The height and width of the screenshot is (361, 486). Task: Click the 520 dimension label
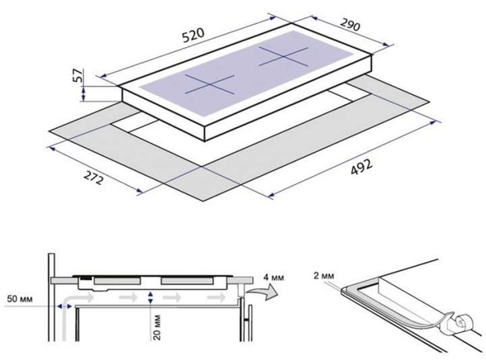(193, 35)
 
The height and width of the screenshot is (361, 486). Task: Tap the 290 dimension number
(350, 24)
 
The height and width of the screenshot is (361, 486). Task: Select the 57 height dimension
(78, 76)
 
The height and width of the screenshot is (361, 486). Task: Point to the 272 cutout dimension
(93, 177)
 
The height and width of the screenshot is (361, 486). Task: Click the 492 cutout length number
(361, 168)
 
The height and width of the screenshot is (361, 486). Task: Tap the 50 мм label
(20, 299)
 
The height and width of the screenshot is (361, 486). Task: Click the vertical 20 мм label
(158, 327)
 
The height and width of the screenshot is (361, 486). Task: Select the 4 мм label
(273, 277)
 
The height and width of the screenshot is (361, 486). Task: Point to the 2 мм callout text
(324, 276)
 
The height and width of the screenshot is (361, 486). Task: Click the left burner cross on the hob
(210, 85)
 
